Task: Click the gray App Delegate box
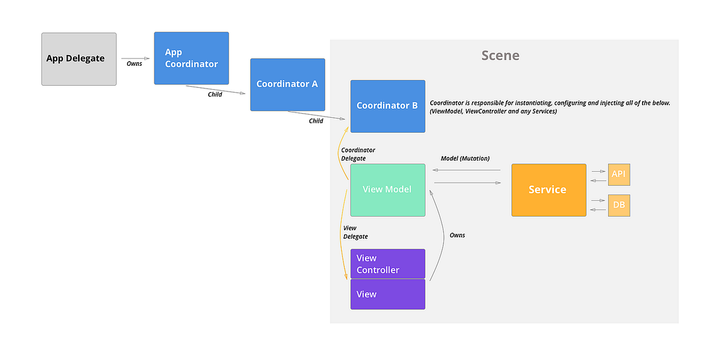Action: click(78, 59)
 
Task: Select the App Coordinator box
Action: click(191, 58)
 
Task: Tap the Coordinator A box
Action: click(287, 84)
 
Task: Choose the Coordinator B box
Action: click(387, 106)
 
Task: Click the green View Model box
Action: click(387, 190)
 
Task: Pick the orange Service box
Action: click(548, 190)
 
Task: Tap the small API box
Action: click(619, 175)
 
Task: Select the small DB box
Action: click(619, 205)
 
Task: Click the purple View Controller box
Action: click(387, 264)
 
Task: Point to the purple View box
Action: click(387, 294)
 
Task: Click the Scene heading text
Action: click(500, 56)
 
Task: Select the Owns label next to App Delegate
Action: click(135, 63)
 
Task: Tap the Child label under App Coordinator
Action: click(215, 94)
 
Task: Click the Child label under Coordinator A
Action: click(316, 121)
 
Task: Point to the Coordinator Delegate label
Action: click(358, 154)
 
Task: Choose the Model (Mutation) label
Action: click(465, 158)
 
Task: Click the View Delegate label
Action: click(355, 232)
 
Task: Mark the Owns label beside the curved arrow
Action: click(457, 235)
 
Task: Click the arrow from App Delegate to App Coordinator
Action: click(135, 59)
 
